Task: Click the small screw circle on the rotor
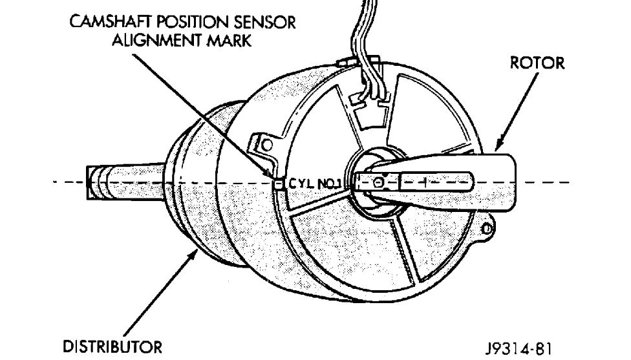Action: [381, 184]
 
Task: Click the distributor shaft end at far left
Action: [94, 183]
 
